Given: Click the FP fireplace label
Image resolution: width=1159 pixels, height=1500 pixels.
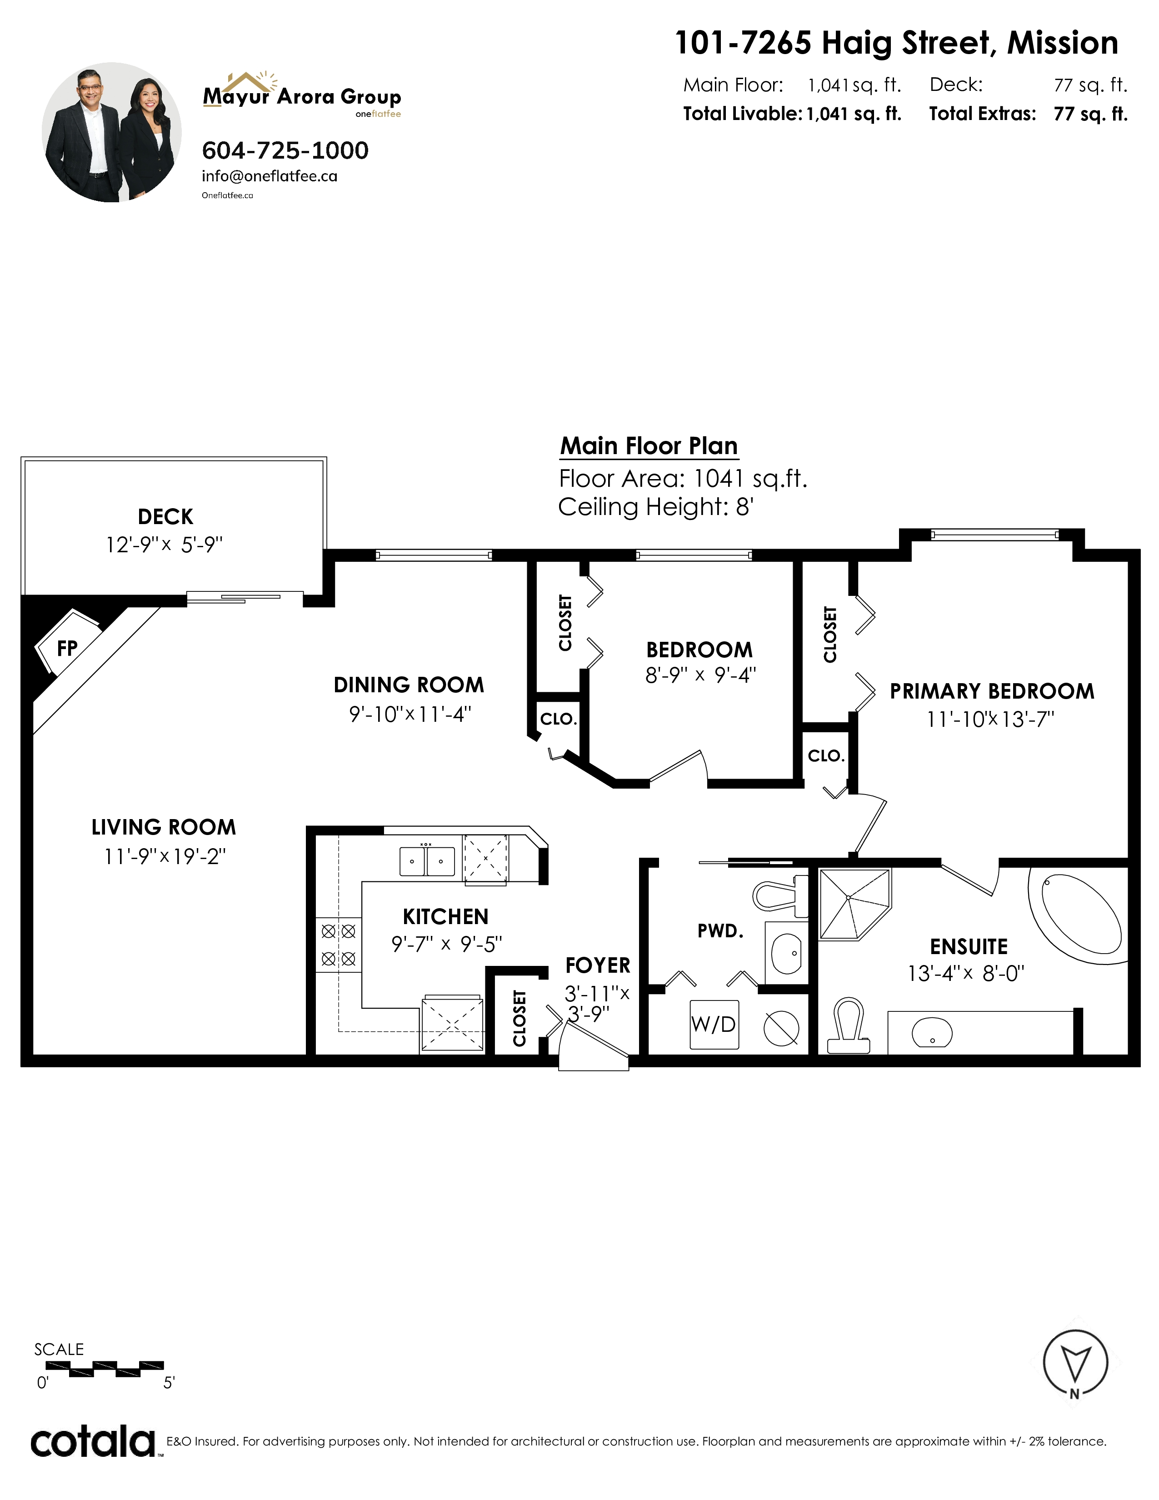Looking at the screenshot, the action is click(67, 648).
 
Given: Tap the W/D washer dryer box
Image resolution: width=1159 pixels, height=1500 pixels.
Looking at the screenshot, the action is click(714, 1025).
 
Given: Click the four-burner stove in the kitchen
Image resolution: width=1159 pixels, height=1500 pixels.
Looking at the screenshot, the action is click(339, 945).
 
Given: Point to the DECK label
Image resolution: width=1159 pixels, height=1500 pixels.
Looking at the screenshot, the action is click(165, 516).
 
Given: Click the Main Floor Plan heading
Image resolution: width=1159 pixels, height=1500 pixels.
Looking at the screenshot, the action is click(649, 446).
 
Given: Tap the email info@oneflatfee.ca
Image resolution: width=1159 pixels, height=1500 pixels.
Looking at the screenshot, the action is click(269, 176).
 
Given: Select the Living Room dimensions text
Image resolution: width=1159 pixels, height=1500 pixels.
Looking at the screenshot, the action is click(165, 856).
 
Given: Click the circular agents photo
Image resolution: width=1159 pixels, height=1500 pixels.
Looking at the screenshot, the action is click(112, 133).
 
